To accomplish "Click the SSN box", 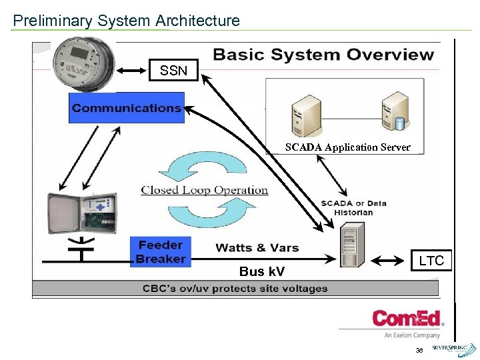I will pyautogui.click(x=173, y=69).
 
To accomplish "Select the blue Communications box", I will pyautogui.click(x=126, y=107).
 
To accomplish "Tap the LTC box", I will pyautogui.click(x=431, y=261).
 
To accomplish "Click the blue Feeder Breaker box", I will pyautogui.click(x=161, y=252).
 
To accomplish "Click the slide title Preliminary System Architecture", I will pyautogui.click(x=126, y=21).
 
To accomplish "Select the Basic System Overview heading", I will pyautogui.click(x=323, y=55).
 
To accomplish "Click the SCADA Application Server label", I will pyautogui.click(x=347, y=147).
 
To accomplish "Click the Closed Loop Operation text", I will pyautogui.click(x=204, y=190).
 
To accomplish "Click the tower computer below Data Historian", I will pyautogui.click(x=351, y=245).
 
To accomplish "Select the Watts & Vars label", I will pyautogui.click(x=257, y=247).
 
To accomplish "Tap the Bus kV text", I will pyautogui.click(x=261, y=271).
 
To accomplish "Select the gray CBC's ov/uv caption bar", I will pyautogui.click(x=235, y=289).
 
